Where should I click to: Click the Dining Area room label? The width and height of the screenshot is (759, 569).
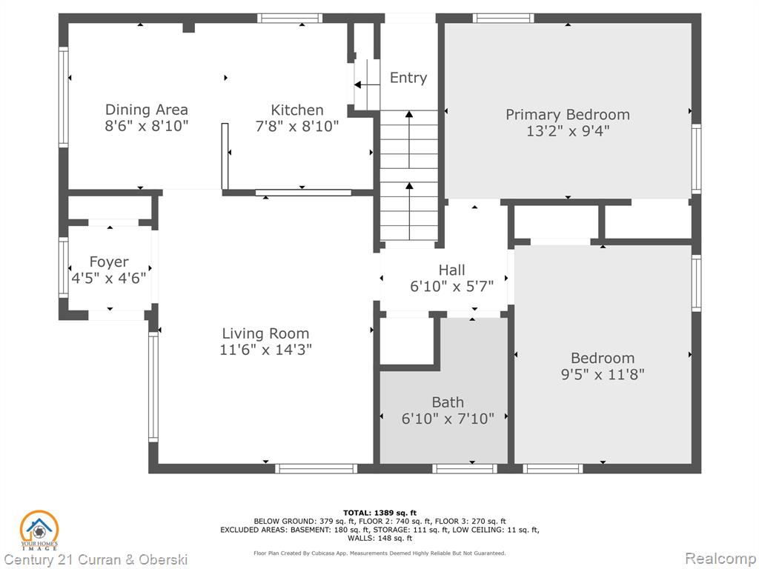[146, 110]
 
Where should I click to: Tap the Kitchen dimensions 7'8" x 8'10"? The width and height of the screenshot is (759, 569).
[296, 126]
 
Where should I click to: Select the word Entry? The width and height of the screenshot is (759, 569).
[408, 79]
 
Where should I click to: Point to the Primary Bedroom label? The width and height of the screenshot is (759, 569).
[568, 115]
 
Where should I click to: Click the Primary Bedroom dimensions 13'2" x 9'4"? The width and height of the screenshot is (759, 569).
[568, 131]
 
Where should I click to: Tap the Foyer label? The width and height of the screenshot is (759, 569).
[109, 262]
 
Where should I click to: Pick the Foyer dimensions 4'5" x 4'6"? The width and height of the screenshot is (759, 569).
[109, 279]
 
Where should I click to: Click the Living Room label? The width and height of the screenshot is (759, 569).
[265, 333]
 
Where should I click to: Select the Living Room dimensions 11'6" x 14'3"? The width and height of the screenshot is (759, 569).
[266, 350]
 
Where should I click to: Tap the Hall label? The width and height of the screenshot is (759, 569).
[451, 270]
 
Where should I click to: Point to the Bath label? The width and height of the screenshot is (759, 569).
[448, 402]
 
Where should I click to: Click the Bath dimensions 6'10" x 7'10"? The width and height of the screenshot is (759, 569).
[448, 419]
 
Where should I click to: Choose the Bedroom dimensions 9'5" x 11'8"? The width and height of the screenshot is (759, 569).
[603, 374]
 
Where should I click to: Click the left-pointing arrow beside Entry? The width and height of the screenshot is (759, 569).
[367, 85]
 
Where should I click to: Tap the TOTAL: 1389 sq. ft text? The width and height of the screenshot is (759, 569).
[380, 513]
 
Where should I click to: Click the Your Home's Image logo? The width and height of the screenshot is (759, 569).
[39, 530]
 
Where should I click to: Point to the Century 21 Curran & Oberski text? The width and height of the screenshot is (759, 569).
[96, 560]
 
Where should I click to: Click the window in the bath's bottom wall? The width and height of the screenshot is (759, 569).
[465, 468]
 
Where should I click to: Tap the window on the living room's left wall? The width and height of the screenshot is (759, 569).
[153, 387]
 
